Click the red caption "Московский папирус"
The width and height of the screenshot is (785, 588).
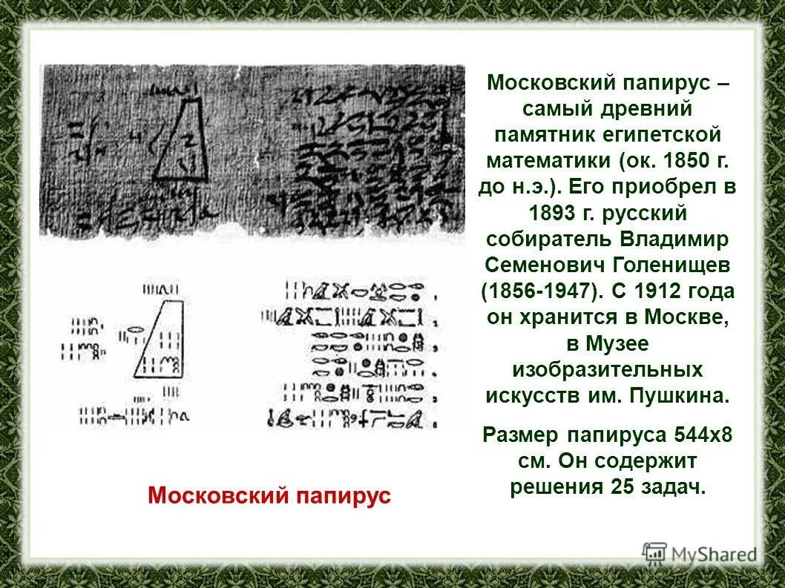269,495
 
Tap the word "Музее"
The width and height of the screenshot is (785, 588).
618,343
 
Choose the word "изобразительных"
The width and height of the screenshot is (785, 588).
608,369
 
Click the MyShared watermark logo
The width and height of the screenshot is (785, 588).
700,553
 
